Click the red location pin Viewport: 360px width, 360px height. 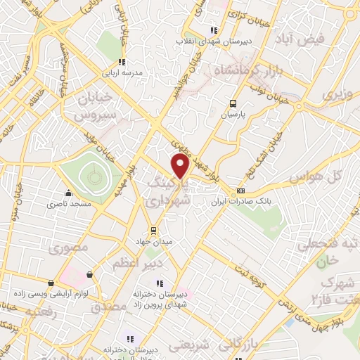(181, 166)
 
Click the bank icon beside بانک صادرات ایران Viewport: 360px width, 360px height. (241, 190)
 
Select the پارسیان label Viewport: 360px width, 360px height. (236, 113)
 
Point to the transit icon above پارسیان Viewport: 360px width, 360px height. (235, 102)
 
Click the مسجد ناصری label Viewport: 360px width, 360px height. (68, 204)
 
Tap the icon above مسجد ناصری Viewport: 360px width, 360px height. (68, 193)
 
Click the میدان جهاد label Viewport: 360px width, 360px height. (154, 242)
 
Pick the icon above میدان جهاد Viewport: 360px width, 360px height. (154, 230)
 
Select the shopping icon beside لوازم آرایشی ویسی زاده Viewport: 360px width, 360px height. (89, 274)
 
